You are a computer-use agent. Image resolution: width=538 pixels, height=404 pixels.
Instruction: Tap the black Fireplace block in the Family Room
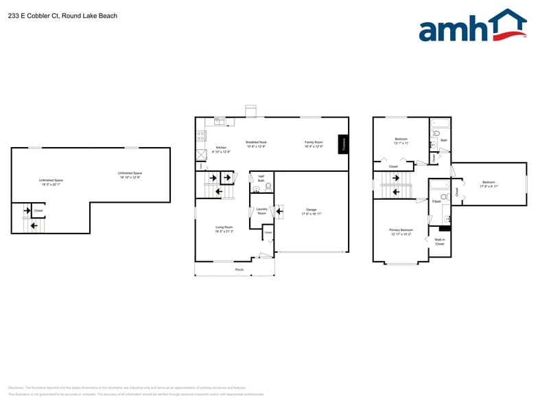pyautogui.click(x=344, y=144)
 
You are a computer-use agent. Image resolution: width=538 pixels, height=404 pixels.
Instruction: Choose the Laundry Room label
pyautogui.click(x=261, y=211)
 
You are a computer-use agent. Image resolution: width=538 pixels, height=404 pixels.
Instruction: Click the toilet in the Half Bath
pyautogui.click(x=268, y=186)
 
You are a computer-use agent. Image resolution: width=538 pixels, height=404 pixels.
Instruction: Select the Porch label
pyautogui.click(x=239, y=269)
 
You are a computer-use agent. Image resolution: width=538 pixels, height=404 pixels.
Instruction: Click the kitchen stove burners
pyautogui.click(x=200, y=136)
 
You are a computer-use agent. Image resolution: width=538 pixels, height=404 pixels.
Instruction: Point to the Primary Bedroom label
pyautogui.click(x=401, y=232)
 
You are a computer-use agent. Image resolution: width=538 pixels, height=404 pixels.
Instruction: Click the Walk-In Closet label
pyautogui.click(x=440, y=242)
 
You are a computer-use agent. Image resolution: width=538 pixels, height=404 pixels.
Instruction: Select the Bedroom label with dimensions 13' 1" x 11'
pyautogui.click(x=401, y=141)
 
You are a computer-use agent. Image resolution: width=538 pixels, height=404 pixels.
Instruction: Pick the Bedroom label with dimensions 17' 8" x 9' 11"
pyautogui.click(x=489, y=184)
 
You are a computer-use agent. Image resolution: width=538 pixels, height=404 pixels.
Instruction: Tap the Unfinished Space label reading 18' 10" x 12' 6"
pyautogui.click(x=130, y=175)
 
